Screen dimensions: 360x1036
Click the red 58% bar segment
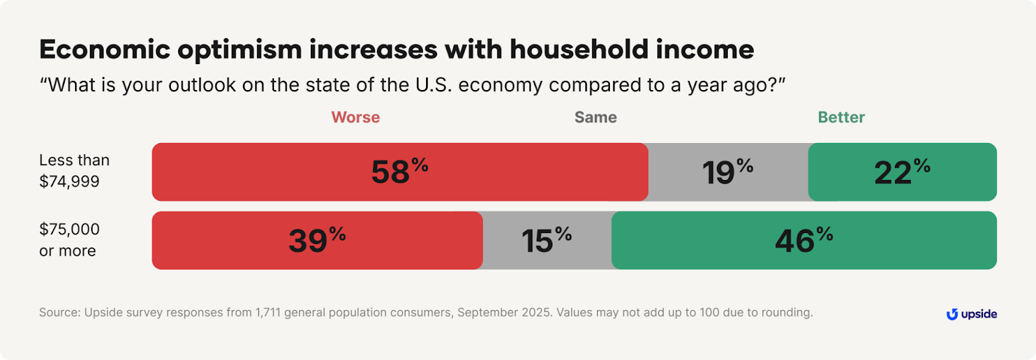pyautogui.click(x=400, y=172)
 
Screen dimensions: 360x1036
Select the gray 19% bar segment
pyautogui.click(x=728, y=172)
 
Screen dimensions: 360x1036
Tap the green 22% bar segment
pyautogui.click(x=902, y=172)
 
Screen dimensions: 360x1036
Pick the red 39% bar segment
pyautogui.click(x=317, y=241)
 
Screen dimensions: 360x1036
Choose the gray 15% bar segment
pyautogui.click(x=547, y=241)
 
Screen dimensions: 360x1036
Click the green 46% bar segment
pyautogui.click(x=804, y=241)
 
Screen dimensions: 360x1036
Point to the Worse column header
pyautogui.click(x=355, y=117)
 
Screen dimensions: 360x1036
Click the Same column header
pyautogui.click(x=595, y=117)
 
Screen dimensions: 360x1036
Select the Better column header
pyautogui.click(x=841, y=117)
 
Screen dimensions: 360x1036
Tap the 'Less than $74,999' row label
pyautogui.click(x=74, y=171)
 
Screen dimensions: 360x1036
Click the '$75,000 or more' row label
pyautogui.click(x=69, y=240)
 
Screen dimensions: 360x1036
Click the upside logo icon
pyautogui.click(x=952, y=315)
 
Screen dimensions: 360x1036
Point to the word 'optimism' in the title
pyautogui.click(x=240, y=50)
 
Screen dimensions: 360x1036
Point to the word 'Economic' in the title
pyautogui.click(x=104, y=50)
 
